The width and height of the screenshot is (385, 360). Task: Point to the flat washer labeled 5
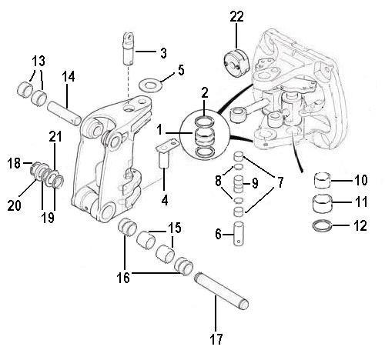coord(149,82)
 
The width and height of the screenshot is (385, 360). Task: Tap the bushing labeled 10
coord(325,182)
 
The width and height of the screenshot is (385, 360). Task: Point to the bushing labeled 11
coord(325,204)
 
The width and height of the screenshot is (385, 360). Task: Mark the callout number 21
coord(54,136)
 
